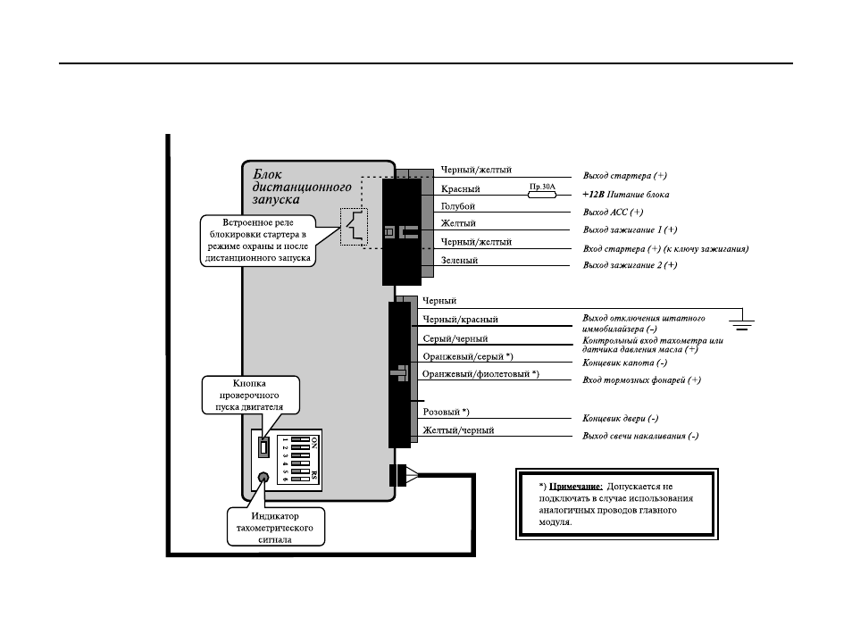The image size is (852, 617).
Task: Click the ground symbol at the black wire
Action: pos(741,322)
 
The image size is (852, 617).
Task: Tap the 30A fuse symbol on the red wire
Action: pos(542,195)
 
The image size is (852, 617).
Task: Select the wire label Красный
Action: pos(460,189)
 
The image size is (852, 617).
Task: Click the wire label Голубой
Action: pos(458,206)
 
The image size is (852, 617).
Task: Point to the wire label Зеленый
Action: pos(459,260)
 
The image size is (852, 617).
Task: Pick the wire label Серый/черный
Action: pos(455,339)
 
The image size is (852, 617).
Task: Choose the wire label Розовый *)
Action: pos(447,412)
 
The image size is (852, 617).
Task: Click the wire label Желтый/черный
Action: pos(459,430)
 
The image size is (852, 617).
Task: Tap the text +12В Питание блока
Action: pos(626,195)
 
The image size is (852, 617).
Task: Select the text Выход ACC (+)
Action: pos(613,212)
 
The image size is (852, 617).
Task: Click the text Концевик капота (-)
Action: pos(625,363)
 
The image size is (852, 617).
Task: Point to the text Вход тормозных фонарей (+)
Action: pos(642,380)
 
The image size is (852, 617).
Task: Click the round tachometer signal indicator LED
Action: pos(263,478)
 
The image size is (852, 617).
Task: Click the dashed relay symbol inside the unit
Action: pos(354,227)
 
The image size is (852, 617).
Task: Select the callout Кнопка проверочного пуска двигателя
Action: pos(250,395)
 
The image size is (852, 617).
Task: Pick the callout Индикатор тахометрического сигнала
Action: pos(275,528)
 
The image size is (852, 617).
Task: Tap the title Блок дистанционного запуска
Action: pos(302,187)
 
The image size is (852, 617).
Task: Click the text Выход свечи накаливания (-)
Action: pos(640,436)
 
